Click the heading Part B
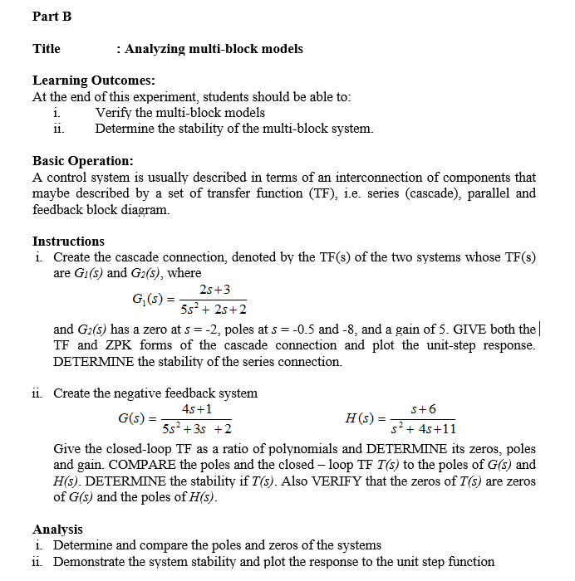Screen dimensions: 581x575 (52, 17)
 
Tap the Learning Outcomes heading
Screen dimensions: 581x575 (93, 81)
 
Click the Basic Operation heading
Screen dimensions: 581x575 (82, 161)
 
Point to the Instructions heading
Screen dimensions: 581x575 (68, 242)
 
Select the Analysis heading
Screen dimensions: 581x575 (57, 529)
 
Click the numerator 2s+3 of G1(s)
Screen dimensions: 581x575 (215, 290)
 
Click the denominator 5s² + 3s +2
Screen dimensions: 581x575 (197, 429)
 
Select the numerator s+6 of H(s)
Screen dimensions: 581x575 (423, 409)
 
